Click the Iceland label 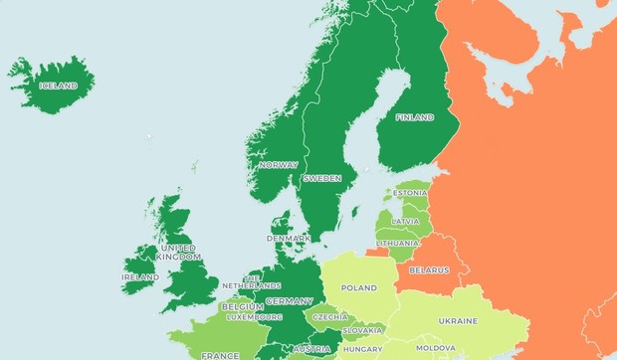coord(58,86)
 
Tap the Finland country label coord(415,117)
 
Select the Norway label coord(278,165)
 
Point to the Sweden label coord(322,178)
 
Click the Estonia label coord(411,193)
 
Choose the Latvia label coord(405,221)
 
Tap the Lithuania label coord(398,244)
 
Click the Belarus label coord(429,270)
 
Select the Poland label coord(359,288)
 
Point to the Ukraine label coord(458,321)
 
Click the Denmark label coord(289,239)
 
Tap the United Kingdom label coord(179,253)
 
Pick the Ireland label coord(139,277)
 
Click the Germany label coord(289,301)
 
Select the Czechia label coord(330,317)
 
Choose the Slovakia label coord(362,330)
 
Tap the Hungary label coord(362,349)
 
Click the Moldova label coord(436,349)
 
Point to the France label coord(220,355)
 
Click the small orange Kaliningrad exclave coord(377,253)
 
